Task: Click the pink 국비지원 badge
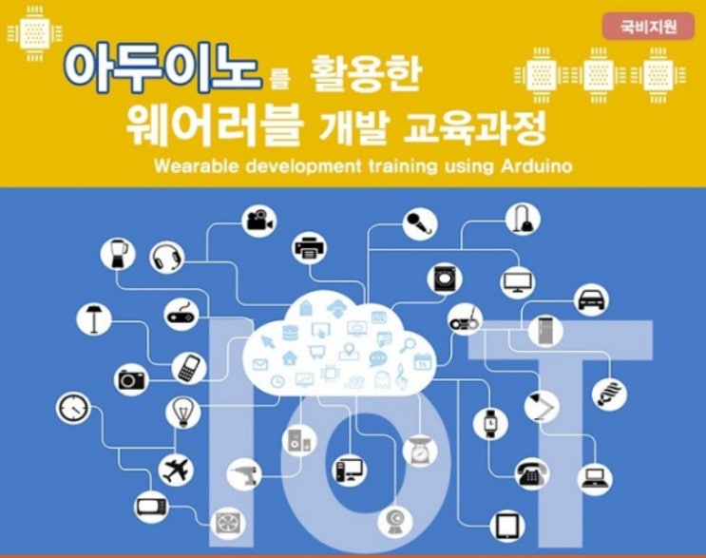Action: point(648,27)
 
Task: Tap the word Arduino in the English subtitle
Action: point(537,166)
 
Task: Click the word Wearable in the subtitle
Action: point(196,166)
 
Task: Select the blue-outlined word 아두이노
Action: point(162,68)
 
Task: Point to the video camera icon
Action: point(259,221)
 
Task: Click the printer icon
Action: point(310,248)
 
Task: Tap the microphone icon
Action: point(420,223)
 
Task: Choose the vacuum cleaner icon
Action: point(523,219)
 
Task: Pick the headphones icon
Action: point(167,259)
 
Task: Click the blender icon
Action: point(118,254)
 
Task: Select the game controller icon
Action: point(181,315)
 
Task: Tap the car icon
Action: point(592,299)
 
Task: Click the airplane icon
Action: point(176,471)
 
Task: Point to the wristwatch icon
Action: point(490,423)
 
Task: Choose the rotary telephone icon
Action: point(532,474)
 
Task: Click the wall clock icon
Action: point(73,408)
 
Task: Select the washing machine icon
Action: point(445,279)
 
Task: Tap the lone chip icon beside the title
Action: point(34,34)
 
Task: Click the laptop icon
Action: point(595,478)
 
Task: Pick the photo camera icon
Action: point(131,379)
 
